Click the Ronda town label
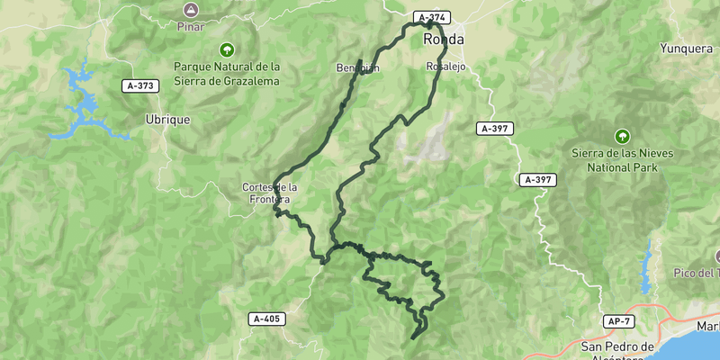pyautogui.click(x=444, y=40)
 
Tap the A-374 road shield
pyautogui.click(x=431, y=17)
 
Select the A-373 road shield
pyautogui.click(x=140, y=85)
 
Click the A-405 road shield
pyautogui.click(x=267, y=319)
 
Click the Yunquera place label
pyautogui.click(x=686, y=48)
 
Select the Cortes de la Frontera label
pyautogui.click(x=267, y=193)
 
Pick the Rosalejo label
pyautogui.click(x=445, y=67)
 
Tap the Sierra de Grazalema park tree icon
pyautogui.click(x=227, y=49)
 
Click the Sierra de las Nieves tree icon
pyautogui.click(x=621, y=136)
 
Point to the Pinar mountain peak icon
pyautogui.click(x=190, y=9)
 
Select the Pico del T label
pyautogui.click(x=697, y=273)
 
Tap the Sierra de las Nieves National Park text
pyautogui.click(x=621, y=160)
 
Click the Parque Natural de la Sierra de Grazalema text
pyautogui.click(x=227, y=74)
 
